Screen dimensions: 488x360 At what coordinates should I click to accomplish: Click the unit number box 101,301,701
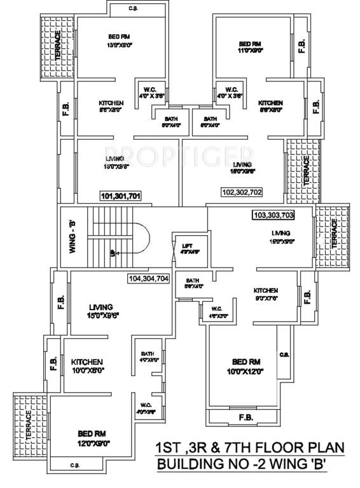click(x=120, y=196)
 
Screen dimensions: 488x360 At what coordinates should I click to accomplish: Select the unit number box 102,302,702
click(x=242, y=191)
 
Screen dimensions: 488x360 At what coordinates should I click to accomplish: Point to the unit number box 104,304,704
click(x=149, y=278)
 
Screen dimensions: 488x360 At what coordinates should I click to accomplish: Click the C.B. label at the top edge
click(x=134, y=8)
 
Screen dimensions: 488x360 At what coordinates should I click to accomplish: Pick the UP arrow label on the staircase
click(x=113, y=252)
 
